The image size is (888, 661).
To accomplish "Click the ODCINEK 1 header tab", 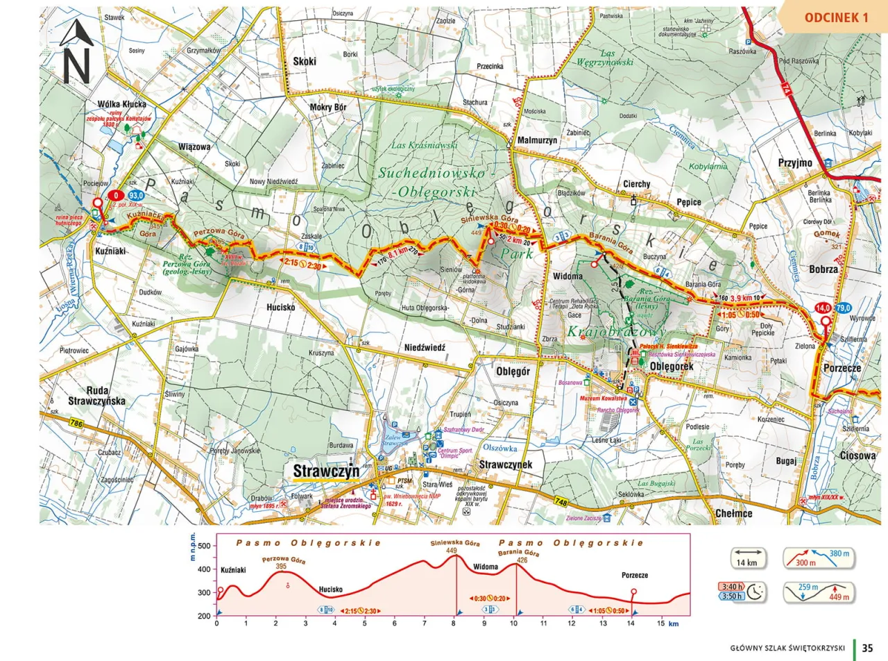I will click(x=836, y=17).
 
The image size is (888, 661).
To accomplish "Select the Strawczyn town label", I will click(x=325, y=471).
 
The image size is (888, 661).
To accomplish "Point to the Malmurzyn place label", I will click(x=538, y=139).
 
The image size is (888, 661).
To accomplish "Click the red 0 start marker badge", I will click(x=116, y=196).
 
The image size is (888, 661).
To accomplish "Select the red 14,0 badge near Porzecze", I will click(x=823, y=308).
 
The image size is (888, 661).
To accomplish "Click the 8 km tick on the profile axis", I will click(x=454, y=624).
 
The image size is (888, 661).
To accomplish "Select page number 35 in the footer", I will click(x=867, y=648).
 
